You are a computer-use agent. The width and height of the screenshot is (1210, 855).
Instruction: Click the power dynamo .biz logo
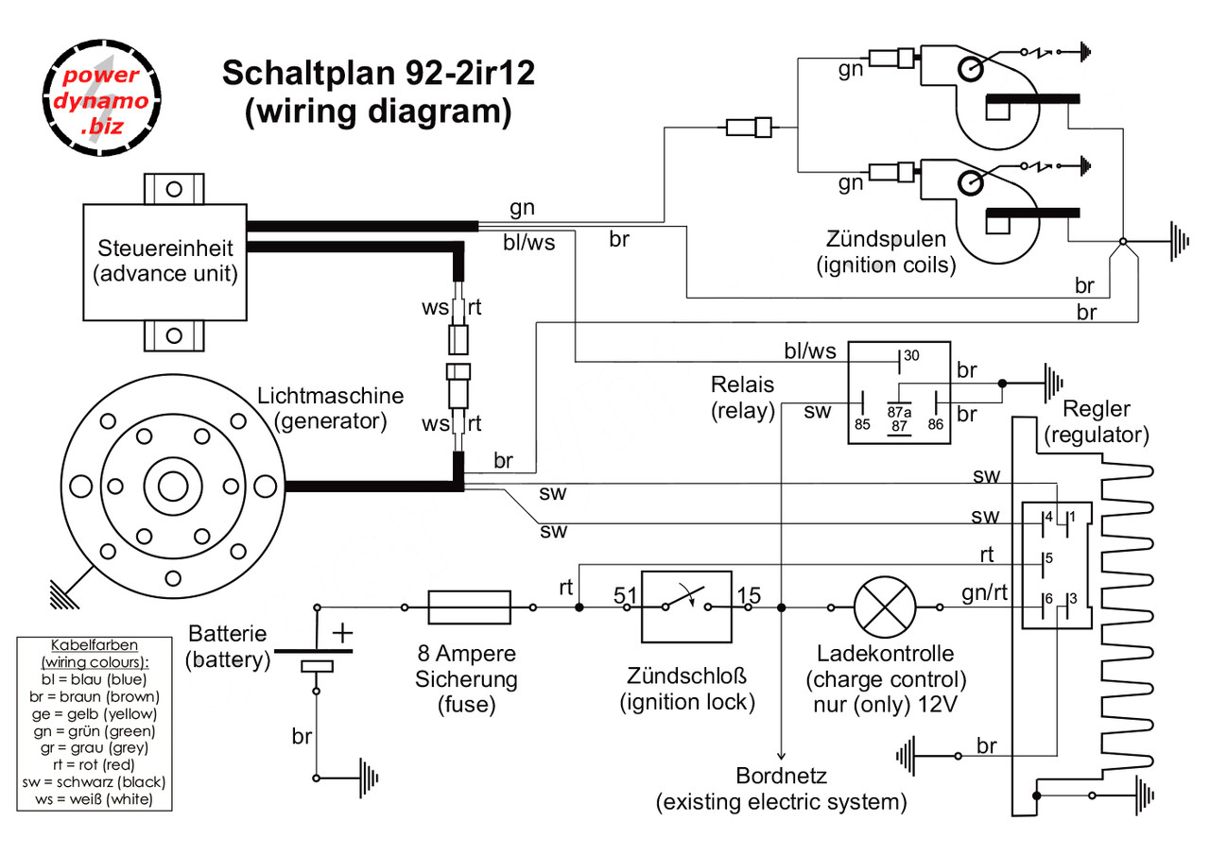pos(101,97)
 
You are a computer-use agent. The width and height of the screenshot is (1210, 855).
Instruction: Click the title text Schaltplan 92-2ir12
pos(378,73)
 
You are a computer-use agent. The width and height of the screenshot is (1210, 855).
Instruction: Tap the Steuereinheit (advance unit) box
pos(164,263)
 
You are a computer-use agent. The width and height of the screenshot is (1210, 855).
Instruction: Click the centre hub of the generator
pos(173,487)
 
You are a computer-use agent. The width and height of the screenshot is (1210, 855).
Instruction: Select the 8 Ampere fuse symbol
pos(469,607)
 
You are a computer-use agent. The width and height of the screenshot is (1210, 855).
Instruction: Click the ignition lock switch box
pos(686,607)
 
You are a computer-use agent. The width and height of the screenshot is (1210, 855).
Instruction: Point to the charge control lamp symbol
pos(885,607)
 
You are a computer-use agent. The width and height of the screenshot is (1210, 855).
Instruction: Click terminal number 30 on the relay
pos(911,356)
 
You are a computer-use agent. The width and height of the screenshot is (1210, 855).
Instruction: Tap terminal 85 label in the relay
pos(862,424)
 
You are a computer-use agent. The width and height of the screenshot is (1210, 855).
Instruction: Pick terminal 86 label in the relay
pos(936,424)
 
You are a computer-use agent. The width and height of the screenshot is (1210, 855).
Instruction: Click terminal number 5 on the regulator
pos(1049,558)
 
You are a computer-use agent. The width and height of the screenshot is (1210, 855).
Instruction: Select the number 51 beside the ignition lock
pos(626,596)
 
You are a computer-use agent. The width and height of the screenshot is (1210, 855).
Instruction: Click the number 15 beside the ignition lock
pos(750,596)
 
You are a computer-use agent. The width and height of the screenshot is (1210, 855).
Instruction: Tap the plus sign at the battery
pos(342,633)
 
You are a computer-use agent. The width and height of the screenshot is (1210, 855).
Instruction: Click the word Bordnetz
pos(781,776)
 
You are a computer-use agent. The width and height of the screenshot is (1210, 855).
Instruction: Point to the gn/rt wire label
pos(984,592)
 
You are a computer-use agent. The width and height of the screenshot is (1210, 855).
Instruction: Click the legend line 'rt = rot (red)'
pos(94,764)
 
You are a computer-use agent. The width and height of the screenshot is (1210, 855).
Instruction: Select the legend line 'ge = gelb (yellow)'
pos(94,713)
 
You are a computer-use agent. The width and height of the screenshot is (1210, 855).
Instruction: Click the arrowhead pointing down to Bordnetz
pos(781,756)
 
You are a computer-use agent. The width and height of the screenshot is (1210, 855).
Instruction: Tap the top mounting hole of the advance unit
pos(174,189)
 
